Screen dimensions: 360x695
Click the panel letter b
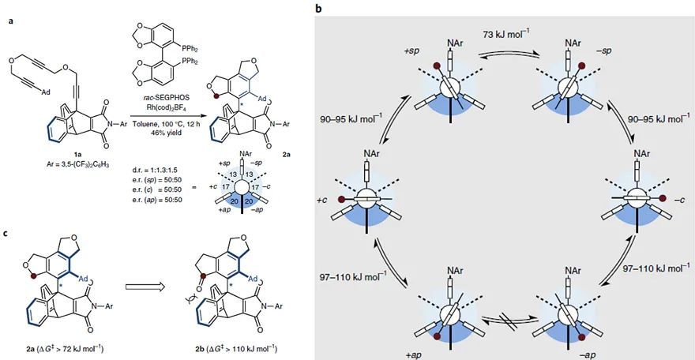coord(318,9)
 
